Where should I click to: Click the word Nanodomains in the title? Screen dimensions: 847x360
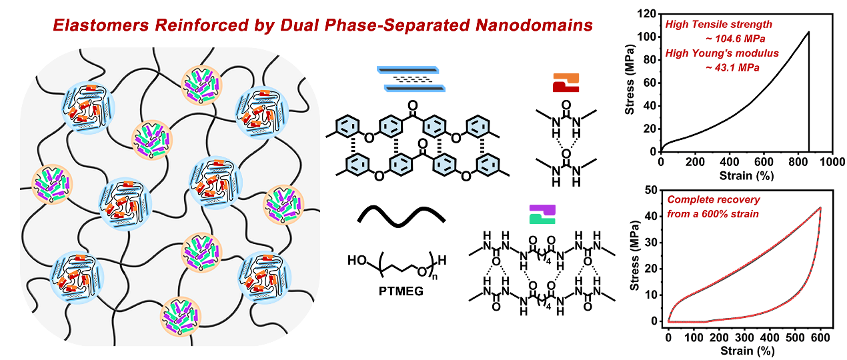[534, 25]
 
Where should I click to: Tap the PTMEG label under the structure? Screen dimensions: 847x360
[401, 291]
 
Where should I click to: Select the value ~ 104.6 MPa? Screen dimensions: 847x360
[735, 39]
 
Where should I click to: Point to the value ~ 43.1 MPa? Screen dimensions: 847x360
[732, 68]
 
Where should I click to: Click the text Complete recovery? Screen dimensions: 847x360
[714, 199]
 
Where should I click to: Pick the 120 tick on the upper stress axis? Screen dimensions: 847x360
[646, 14]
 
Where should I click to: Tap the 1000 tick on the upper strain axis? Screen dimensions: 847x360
[832, 162]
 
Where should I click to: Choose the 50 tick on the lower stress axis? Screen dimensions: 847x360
[653, 190]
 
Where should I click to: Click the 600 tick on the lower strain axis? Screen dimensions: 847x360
[820, 337]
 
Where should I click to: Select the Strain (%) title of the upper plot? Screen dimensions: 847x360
[746, 176]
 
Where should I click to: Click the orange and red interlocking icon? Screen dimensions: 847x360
[566, 83]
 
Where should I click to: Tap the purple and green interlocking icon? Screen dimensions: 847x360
[542, 215]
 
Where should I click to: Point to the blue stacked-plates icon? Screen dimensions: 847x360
[411, 79]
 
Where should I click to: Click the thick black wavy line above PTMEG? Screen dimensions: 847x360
[401, 217]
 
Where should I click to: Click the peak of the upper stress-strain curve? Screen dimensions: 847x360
[808, 32]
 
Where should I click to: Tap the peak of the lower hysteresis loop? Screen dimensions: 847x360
[820, 207]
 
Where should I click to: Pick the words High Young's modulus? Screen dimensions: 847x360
[722, 53]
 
